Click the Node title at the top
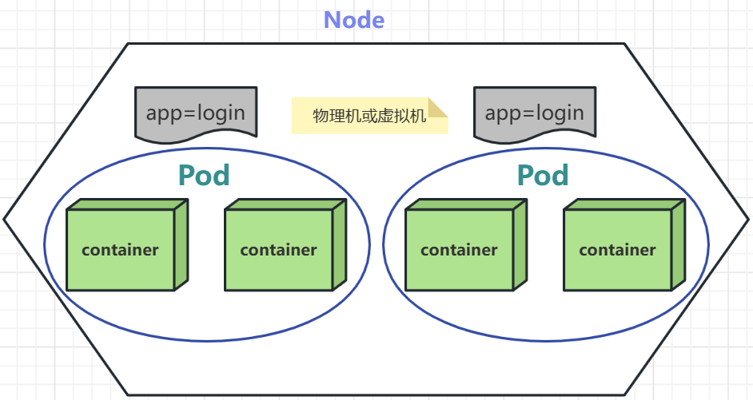click(x=353, y=20)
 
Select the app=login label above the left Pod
click(x=196, y=112)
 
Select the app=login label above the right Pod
click(x=534, y=112)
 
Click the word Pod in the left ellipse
click(x=204, y=176)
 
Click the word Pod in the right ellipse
click(x=543, y=176)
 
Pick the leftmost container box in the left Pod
click(x=121, y=250)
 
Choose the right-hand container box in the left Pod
click(x=279, y=250)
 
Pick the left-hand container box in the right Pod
click(x=460, y=250)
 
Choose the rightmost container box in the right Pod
click(x=618, y=250)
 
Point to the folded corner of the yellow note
click(x=438, y=108)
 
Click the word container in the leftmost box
click(x=121, y=250)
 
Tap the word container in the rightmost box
click(x=618, y=250)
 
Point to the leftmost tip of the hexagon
click(x=5, y=218)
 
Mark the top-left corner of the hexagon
click(x=128, y=44)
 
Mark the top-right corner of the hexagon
click(x=624, y=44)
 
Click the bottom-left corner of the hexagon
click(x=128, y=394)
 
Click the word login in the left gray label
click(x=220, y=113)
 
